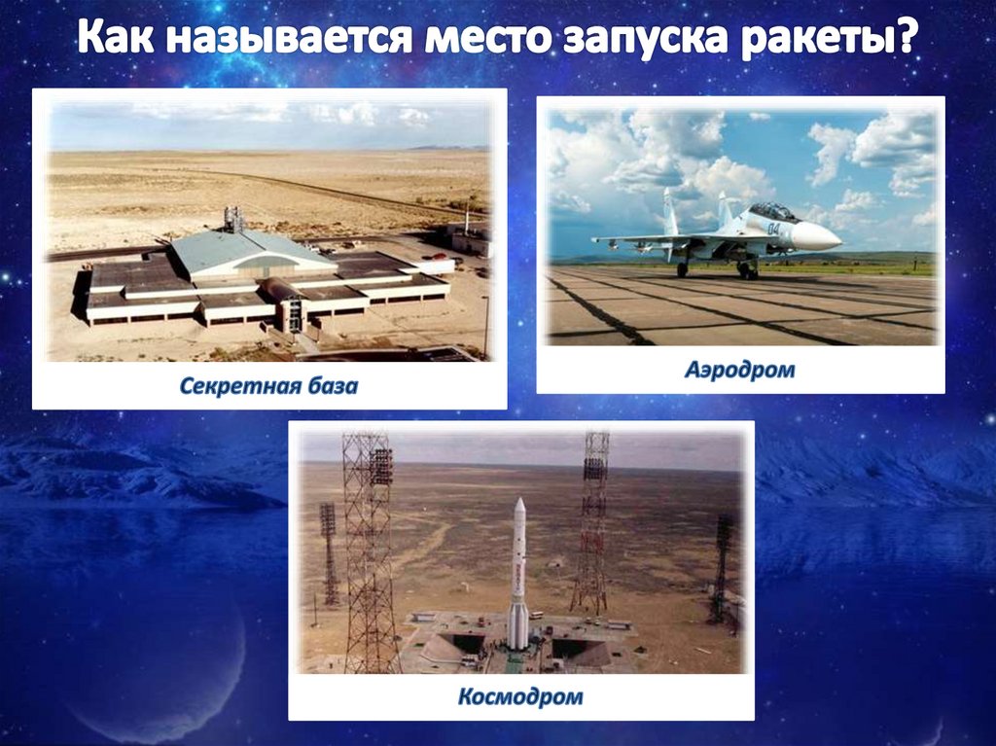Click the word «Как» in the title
tap(116, 41)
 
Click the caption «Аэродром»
tap(739, 370)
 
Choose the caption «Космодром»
tap(520, 696)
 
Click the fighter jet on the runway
tap(720, 236)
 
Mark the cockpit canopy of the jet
tap(774, 211)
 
